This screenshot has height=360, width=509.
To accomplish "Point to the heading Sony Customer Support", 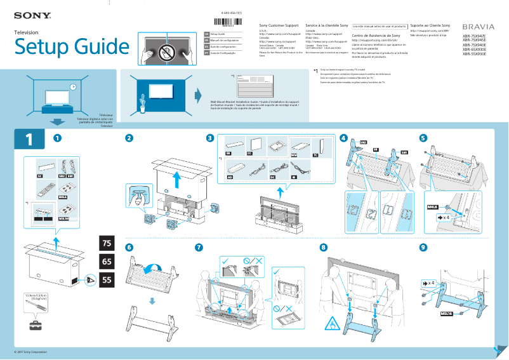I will coord(281,25).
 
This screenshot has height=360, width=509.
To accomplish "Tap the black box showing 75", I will coord(107,244).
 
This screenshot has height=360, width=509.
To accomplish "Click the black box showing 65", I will coord(107,262).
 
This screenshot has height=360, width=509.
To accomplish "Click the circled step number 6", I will coord(129,247).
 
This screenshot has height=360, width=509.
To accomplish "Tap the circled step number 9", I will coord(423,247).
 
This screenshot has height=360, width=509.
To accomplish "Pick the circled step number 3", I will coord(210,138).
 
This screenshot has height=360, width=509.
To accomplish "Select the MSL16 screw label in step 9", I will coord(447,314).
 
